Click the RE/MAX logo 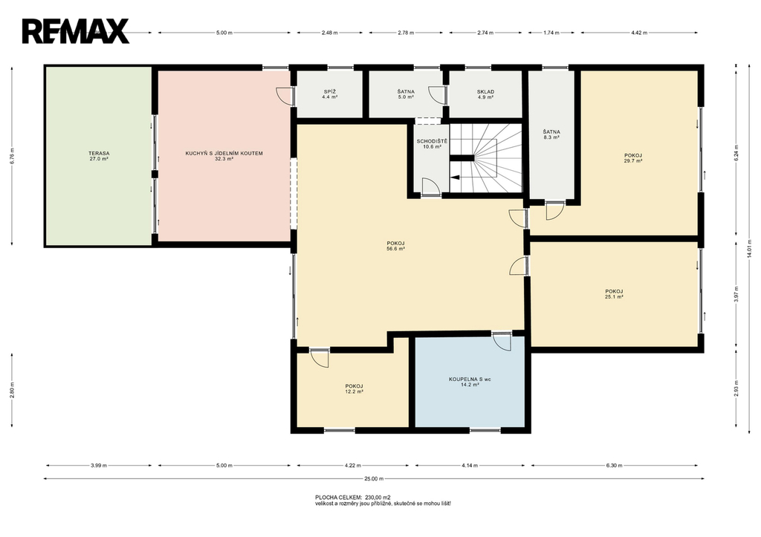(x=75, y=31)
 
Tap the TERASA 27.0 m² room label (x=99, y=156)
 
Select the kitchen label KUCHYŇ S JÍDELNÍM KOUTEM (x=224, y=153)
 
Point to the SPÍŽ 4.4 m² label (x=329, y=94)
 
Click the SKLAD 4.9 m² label (x=485, y=94)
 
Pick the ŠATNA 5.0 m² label (x=406, y=94)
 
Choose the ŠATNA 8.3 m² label (x=551, y=134)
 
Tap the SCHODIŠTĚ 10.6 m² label (x=432, y=143)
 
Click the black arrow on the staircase (x=455, y=177)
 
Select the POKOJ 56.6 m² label (x=395, y=245)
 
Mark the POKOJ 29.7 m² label (x=633, y=157)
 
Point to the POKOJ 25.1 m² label (x=614, y=294)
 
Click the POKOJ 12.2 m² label (x=354, y=388)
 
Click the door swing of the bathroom (x=503, y=341)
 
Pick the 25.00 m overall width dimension (x=374, y=479)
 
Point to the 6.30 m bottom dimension (x=614, y=466)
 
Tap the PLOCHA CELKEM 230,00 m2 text (x=353, y=497)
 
